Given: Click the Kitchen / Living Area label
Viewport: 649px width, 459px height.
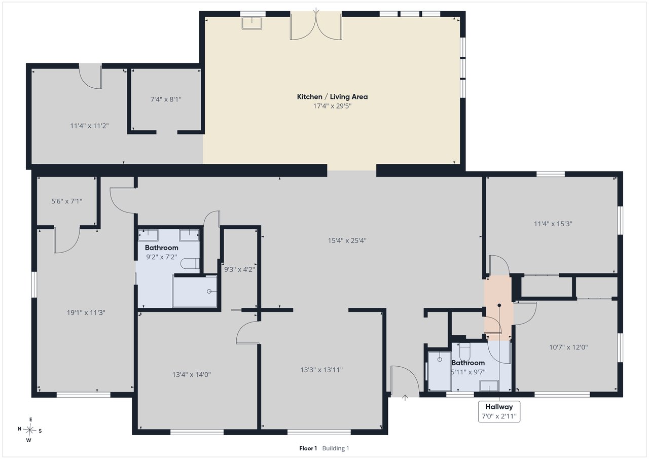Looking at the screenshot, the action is pos(332,97).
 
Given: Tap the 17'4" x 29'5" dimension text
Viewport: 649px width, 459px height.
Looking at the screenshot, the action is pos(332,106).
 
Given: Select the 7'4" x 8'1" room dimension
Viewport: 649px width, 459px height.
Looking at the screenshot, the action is pos(166,99).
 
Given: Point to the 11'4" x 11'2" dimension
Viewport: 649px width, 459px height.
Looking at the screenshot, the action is pos(89,126).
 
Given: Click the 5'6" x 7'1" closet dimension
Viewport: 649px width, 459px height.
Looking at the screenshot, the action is pos(66,201).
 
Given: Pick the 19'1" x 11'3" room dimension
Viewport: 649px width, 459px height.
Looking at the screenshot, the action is pos(86,312).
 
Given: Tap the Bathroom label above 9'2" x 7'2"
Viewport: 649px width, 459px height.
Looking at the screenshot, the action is pos(161,248).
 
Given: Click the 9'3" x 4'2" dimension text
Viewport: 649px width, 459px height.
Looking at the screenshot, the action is pos(240,269).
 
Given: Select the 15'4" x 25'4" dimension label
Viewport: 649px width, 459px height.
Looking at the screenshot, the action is pos(347,240).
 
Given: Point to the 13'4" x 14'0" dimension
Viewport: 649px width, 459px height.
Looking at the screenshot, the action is pos(192,375).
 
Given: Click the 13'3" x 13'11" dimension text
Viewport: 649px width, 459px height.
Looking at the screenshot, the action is pos(321,370).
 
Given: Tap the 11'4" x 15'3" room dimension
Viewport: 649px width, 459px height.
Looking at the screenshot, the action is pos(553,224).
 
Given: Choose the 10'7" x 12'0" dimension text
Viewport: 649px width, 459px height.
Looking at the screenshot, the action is pos(568,347).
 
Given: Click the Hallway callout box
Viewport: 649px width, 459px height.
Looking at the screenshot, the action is pos(499,411).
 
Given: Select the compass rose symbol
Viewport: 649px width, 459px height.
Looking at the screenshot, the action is pos(29,430).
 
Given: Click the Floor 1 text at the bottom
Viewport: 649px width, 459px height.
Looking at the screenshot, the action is pos(308,448).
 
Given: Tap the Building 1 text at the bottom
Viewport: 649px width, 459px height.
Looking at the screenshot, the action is pos(336,448).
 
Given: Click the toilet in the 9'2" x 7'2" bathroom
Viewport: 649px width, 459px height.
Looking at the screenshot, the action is pos(190,263).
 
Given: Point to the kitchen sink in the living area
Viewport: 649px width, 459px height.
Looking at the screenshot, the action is pos(252,23).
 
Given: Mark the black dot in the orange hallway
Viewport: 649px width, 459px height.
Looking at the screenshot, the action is pos(499,305).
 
